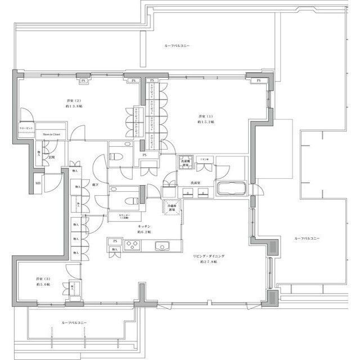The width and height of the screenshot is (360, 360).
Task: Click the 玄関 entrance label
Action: pyautogui.click(x=51, y=157)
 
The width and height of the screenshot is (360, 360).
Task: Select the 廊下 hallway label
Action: pyautogui.click(x=96, y=184)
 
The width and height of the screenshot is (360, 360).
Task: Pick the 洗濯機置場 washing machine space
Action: pyautogui.click(x=186, y=163)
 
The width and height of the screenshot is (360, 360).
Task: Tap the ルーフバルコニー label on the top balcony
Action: pyautogui.click(x=177, y=44)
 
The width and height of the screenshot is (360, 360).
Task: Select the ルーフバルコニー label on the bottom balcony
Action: pyautogui.click(x=74, y=323)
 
